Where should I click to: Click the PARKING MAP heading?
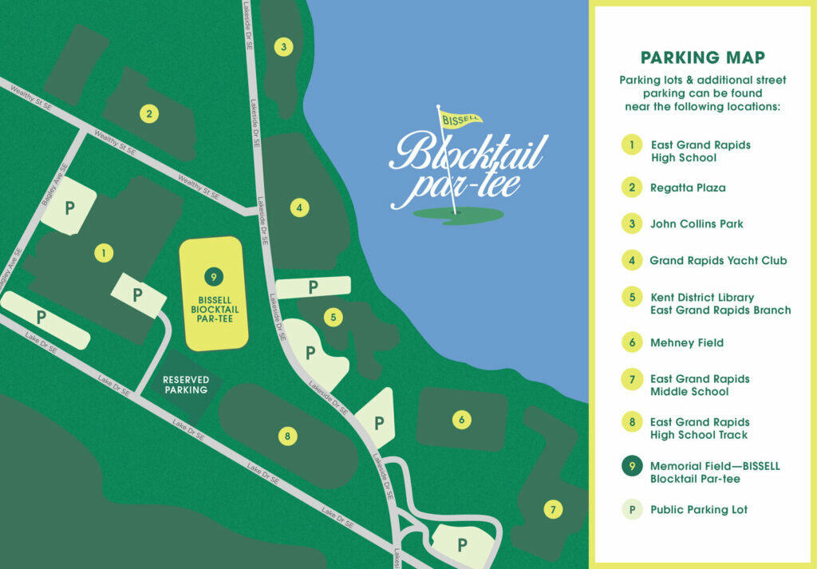click(703, 57)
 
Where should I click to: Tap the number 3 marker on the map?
click(282, 47)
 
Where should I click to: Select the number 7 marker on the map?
click(551, 508)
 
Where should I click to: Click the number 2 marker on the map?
click(148, 113)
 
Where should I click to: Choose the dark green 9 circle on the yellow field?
click(213, 277)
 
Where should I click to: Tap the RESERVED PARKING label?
click(186, 385)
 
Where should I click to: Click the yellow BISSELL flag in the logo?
click(460, 120)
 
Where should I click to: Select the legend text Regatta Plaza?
click(688, 188)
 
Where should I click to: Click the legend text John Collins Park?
click(697, 224)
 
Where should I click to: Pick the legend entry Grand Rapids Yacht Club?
click(718, 260)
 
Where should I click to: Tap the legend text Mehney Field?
click(687, 343)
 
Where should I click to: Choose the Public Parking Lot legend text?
click(699, 510)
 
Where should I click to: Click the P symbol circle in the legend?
click(632, 509)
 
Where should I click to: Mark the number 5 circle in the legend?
click(632, 298)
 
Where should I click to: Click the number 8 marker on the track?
click(287, 436)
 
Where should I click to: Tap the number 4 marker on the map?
click(298, 208)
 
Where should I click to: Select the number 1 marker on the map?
click(102, 254)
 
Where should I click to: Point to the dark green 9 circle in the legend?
click(632, 466)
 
